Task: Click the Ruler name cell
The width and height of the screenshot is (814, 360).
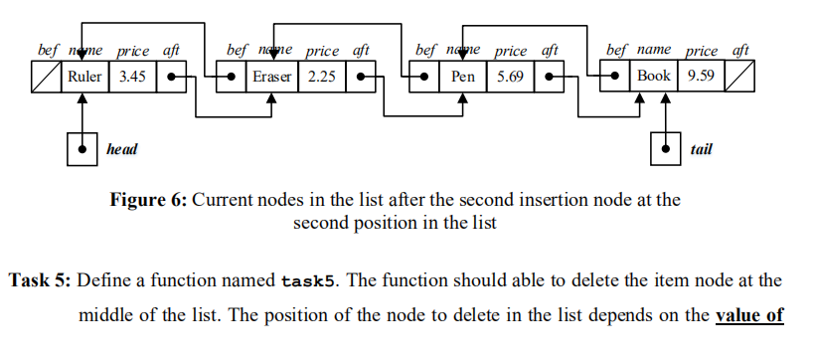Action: click(x=84, y=76)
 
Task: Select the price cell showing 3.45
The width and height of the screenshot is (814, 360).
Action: click(x=133, y=76)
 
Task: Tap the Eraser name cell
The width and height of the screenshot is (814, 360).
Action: click(x=271, y=76)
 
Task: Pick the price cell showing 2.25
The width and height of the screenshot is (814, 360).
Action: click(x=322, y=76)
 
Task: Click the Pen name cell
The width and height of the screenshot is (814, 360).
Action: click(x=460, y=76)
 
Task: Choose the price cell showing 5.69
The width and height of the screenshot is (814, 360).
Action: click(x=511, y=76)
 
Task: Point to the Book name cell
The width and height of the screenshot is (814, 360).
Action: click(x=653, y=76)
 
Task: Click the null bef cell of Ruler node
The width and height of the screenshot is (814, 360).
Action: click(x=46, y=76)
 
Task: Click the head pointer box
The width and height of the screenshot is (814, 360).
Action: click(x=79, y=149)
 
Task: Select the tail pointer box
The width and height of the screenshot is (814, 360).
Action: click(x=665, y=149)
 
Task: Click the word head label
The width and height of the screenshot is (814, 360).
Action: click(x=121, y=149)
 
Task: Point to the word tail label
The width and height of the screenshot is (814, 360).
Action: click(x=700, y=149)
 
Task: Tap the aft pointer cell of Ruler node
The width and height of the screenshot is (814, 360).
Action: click(x=173, y=76)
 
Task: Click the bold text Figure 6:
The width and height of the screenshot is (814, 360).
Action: click(x=147, y=199)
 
